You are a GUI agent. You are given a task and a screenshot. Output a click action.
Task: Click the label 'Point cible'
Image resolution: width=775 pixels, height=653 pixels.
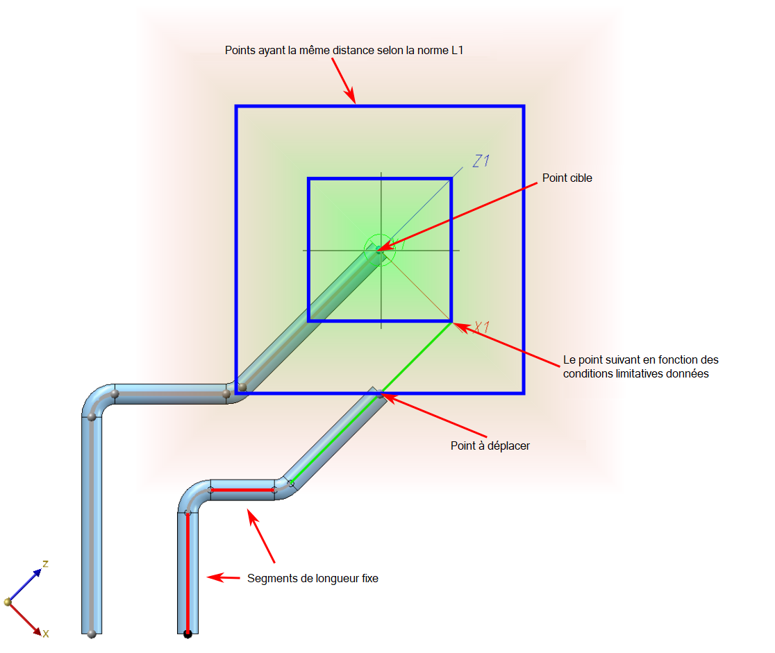pyautogui.click(x=567, y=178)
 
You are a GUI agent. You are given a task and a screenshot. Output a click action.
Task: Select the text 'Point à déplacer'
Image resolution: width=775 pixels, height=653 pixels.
pyautogui.click(x=490, y=446)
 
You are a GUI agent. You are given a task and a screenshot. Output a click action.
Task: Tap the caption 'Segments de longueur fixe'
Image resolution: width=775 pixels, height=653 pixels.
pyautogui.click(x=312, y=577)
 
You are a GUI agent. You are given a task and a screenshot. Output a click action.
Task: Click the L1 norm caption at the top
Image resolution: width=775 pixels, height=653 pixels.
pyautogui.click(x=344, y=51)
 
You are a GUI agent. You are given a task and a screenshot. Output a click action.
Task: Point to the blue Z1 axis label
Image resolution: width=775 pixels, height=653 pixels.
pyautogui.click(x=481, y=161)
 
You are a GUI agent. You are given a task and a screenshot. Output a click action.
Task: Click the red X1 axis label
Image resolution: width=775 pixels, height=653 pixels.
pyautogui.click(x=482, y=328)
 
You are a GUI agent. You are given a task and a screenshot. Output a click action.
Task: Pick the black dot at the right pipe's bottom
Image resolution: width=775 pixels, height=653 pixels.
pyautogui.click(x=187, y=634)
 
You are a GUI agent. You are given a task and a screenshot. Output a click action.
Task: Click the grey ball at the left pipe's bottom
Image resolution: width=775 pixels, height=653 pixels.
pyautogui.click(x=92, y=633)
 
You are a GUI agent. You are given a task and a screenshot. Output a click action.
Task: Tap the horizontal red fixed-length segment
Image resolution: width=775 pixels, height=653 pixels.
pyautogui.click(x=242, y=490)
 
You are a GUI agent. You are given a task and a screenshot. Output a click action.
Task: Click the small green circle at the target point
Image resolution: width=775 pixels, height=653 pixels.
pyautogui.click(x=381, y=247)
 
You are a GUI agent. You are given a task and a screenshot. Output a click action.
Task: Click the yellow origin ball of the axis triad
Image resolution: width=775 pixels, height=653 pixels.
pyautogui.click(x=8, y=602)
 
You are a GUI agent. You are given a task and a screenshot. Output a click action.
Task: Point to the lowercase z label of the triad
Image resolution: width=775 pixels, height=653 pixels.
pyautogui.click(x=45, y=563)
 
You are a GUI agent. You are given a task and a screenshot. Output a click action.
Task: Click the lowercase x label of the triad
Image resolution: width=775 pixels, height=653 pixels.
pyautogui.click(x=46, y=634)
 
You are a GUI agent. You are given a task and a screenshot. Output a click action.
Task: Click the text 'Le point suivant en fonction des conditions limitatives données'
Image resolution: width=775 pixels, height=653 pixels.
pyautogui.click(x=640, y=366)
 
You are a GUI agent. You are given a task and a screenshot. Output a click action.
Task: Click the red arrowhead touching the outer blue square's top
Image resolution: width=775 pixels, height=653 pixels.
pyautogui.click(x=351, y=97)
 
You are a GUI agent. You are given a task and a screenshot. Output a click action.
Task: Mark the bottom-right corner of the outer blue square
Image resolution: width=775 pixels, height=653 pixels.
pyautogui.click(x=524, y=393)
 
